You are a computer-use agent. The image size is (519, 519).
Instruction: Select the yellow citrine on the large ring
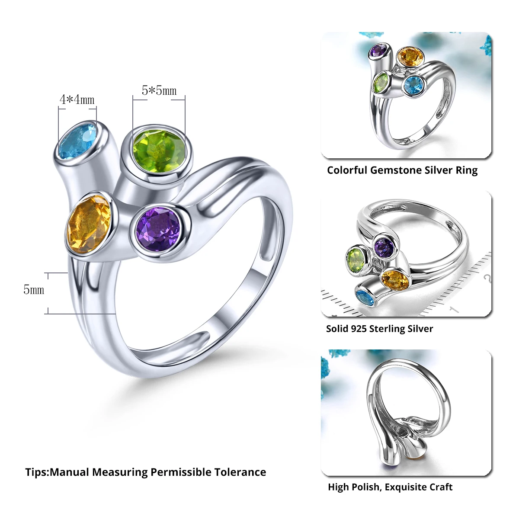89,224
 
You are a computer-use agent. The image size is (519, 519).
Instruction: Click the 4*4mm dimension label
77,99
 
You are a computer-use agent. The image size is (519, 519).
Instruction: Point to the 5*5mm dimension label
159,90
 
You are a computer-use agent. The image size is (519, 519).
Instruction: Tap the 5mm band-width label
34,289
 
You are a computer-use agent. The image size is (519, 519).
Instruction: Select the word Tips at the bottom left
36,472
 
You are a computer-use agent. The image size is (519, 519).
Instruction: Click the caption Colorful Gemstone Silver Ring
402,170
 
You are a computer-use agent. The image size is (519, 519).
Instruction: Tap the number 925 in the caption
359,329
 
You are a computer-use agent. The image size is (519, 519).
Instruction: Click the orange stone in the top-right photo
410,57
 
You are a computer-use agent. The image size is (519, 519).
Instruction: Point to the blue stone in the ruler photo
364,298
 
